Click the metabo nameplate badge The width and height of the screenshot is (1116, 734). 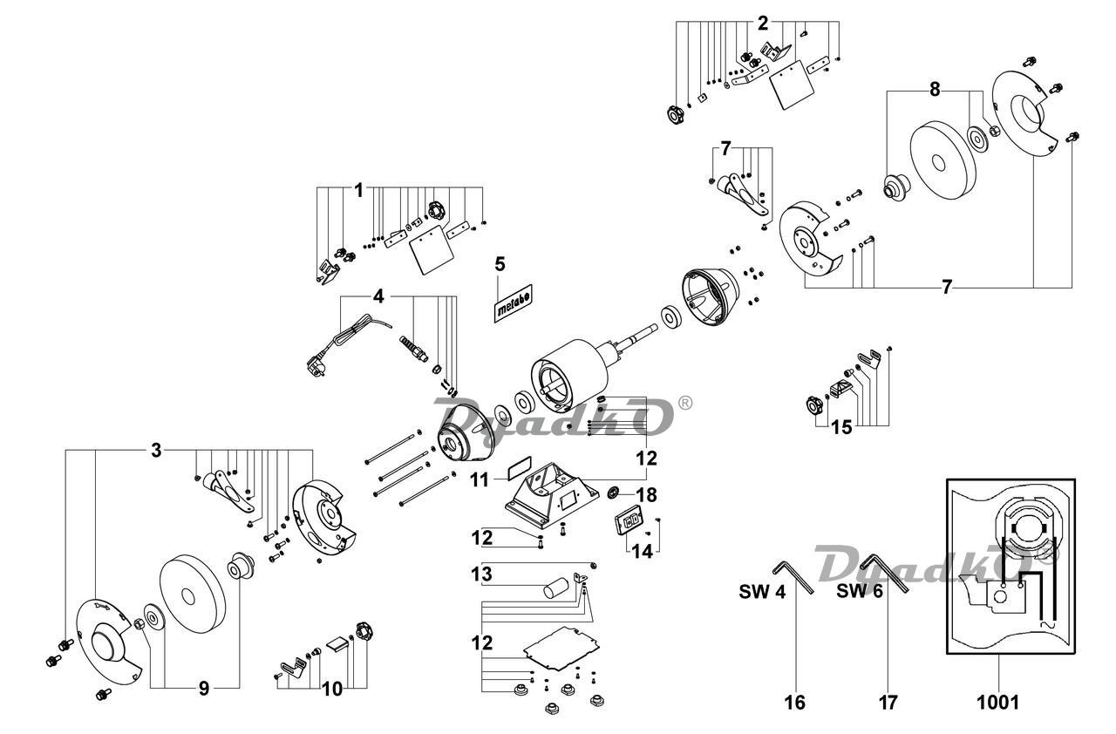514,303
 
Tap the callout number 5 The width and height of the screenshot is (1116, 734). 500,264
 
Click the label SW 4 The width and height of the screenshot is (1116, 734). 762,592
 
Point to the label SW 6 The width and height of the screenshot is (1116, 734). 860,591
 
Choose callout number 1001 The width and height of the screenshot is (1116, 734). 998,703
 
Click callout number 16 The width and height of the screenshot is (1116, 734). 794,703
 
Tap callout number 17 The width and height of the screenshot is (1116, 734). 888,703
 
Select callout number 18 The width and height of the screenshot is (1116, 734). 647,495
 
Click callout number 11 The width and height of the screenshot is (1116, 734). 480,480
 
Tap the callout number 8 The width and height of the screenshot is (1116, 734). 935,90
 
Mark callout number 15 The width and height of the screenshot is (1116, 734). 842,427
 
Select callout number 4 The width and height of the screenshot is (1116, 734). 378,296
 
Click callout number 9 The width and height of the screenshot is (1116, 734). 203,689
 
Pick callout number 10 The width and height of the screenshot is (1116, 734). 332,690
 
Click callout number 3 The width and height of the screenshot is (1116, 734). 156,452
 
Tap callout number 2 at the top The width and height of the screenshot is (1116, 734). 763,24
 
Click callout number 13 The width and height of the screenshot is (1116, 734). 482,574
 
